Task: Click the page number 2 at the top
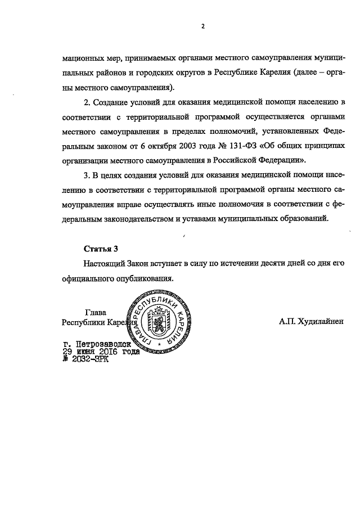pyautogui.click(x=202, y=25)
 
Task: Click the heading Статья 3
pyautogui.click(x=101, y=248)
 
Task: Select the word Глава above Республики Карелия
pyautogui.click(x=95, y=312)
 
